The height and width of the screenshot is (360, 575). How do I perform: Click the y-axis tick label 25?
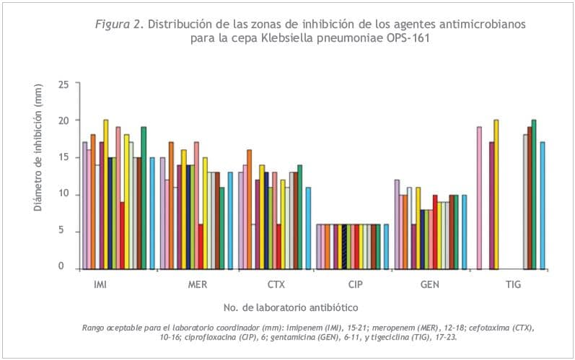point(64,84)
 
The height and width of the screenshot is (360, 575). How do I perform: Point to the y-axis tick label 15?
point(64,157)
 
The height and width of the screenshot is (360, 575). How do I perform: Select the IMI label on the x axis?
point(101,285)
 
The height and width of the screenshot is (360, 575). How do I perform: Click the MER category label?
point(198,285)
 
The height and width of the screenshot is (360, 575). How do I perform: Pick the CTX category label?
point(276,285)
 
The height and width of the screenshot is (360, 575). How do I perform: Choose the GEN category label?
point(430,285)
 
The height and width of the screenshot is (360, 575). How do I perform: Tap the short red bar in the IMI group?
point(123,234)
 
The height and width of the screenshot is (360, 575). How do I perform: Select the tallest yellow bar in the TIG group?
point(496,194)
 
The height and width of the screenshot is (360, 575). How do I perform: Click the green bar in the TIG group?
point(534,194)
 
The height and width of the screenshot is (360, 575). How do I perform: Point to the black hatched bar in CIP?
point(345,247)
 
